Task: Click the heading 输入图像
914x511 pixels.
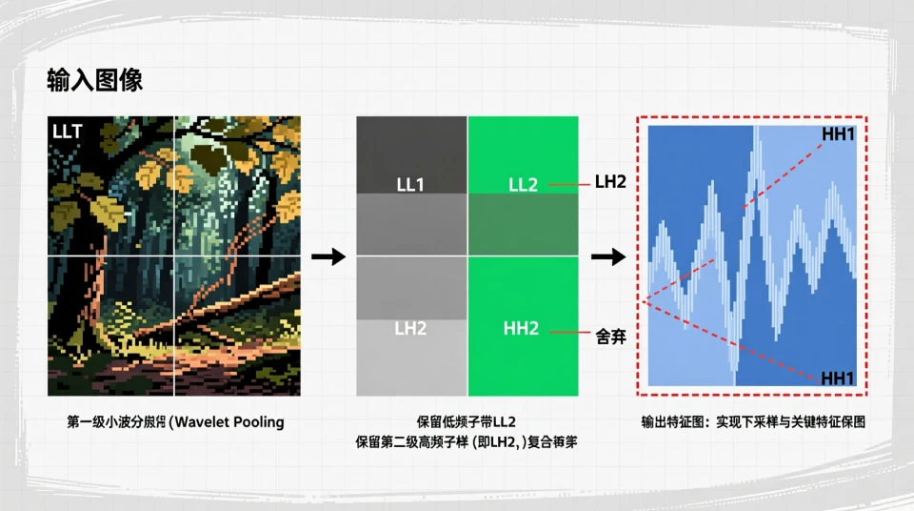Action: click(x=95, y=80)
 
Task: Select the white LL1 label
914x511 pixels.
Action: click(x=410, y=184)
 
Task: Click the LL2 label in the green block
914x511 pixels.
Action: click(x=523, y=184)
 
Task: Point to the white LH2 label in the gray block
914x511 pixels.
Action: click(x=410, y=328)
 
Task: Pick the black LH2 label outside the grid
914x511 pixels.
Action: click(x=610, y=181)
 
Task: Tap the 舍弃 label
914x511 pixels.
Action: click(x=610, y=336)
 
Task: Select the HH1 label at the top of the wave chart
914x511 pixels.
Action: click(x=838, y=135)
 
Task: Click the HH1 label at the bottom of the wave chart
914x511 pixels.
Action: click(x=838, y=378)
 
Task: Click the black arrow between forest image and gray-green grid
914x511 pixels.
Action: click(x=328, y=257)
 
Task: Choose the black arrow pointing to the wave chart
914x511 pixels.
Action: click(x=607, y=257)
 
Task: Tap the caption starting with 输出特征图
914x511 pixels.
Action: click(x=752, y=421)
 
